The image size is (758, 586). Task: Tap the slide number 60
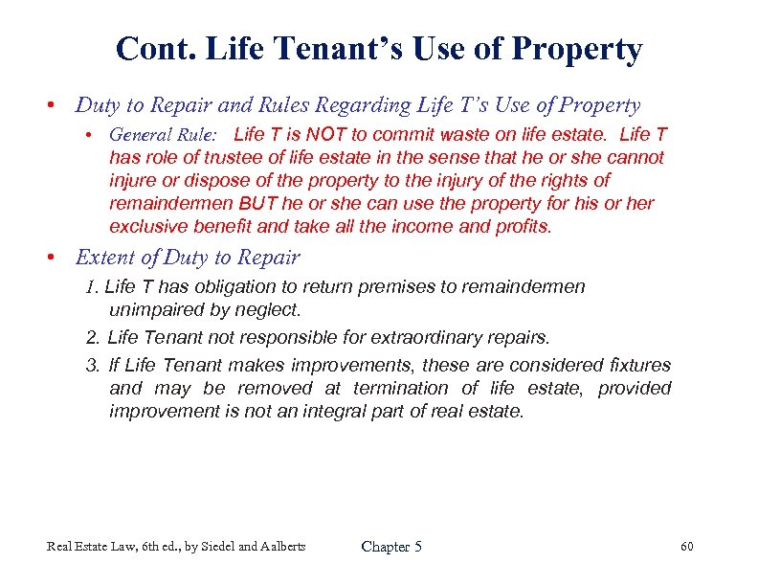pos(686,547)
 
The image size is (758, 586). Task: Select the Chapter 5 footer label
pos(390,547)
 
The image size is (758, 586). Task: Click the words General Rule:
pos(163,134)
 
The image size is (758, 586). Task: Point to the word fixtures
pos(639,365)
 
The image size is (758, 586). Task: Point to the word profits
pos(523,227)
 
